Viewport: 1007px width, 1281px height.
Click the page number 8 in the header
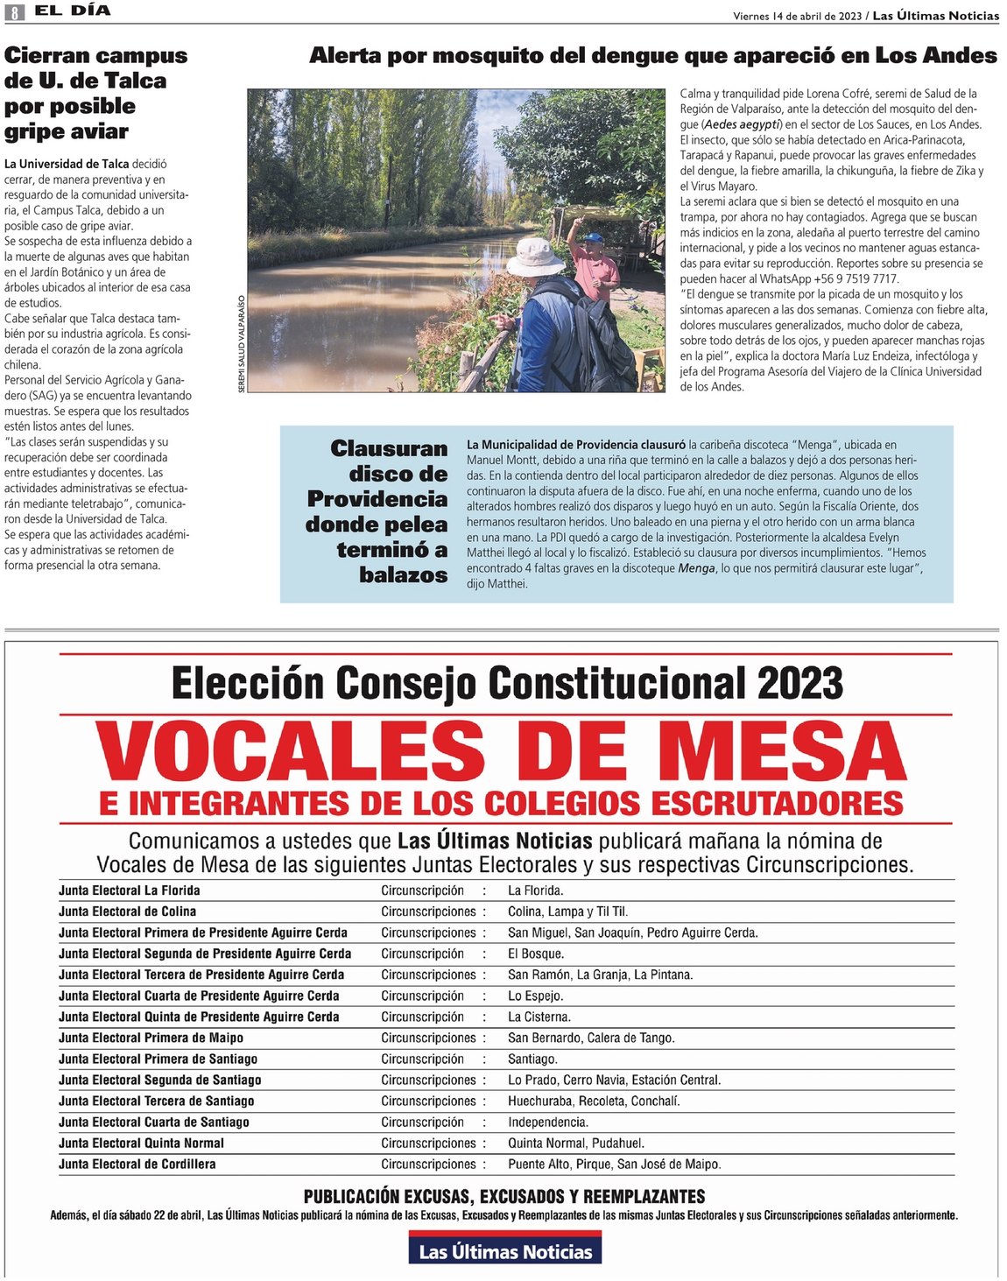pos(14,12)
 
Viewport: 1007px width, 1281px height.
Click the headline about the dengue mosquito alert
pos(652,56)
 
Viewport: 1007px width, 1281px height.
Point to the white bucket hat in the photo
pos(535,257)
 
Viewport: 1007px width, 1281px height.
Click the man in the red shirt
pos(596,266)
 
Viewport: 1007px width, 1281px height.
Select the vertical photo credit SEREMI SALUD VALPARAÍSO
pos(242,343)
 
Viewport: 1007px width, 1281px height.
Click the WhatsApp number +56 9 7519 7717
pos(856,278)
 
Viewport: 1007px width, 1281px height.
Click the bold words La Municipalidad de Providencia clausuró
pos(575,445)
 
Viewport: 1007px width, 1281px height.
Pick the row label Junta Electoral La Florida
pos(130,890)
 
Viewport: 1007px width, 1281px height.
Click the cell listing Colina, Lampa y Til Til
pos(567,911)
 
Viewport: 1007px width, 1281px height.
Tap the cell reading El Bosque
pos(536,954)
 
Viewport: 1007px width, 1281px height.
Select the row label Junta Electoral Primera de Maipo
pos(151,1038)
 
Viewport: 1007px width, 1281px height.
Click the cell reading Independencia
pos(548,1122)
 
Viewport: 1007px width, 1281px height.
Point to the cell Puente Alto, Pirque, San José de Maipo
pos(614,1164)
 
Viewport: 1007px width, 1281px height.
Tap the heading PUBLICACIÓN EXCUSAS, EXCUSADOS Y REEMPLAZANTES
pos(503,1196)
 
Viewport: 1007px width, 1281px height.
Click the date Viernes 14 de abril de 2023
pos(797,16)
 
